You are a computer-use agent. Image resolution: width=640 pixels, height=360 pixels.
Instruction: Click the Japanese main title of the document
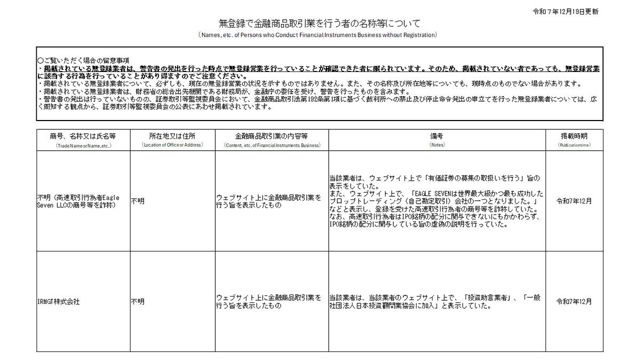point(319,23)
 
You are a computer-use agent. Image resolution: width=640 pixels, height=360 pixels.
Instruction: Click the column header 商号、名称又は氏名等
point(83,136)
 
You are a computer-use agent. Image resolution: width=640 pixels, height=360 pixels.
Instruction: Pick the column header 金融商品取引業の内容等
point(271,136)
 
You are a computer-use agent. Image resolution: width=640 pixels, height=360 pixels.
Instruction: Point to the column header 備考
point(436,136)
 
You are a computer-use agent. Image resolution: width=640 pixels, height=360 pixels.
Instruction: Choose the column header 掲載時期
point(574,136)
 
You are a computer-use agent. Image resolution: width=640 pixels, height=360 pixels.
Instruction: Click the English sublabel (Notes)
point(436,145)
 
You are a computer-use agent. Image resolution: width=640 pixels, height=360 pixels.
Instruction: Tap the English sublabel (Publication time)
point(574,145)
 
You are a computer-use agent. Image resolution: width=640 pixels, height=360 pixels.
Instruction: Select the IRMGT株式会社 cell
point(58,302)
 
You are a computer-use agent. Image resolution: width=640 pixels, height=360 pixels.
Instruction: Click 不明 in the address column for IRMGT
point(138,302)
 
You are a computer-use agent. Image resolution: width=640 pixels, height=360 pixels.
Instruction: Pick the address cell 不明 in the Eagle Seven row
point(138,202)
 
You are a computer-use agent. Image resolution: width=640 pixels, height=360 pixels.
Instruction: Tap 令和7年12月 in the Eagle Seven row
point(574,201)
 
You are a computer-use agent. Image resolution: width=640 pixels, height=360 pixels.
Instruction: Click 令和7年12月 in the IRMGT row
point(574,302)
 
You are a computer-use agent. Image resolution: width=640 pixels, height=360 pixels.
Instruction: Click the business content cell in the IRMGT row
point(269,302)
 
